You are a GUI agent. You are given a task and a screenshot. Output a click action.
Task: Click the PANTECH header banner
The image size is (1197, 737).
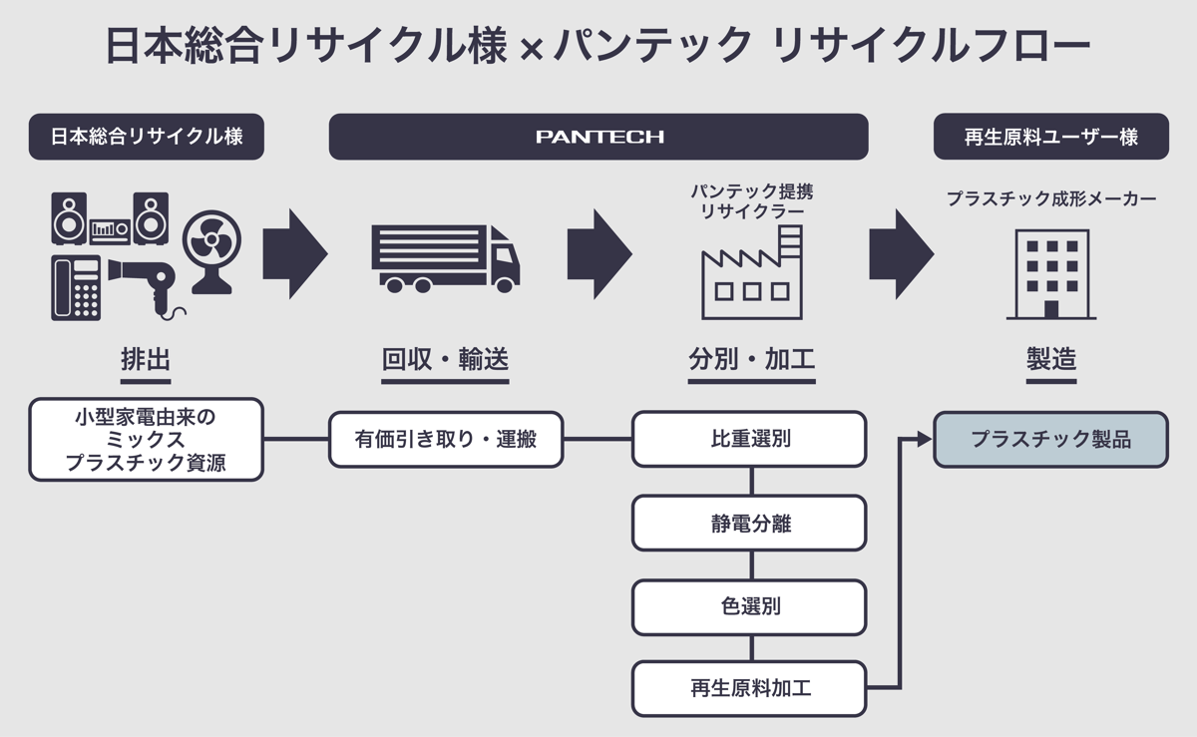click(598, 137)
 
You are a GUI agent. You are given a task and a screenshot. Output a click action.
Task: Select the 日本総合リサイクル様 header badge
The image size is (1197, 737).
click(147, 137)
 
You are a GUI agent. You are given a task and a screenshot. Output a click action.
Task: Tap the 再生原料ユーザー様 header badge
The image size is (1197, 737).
click(1050, 137)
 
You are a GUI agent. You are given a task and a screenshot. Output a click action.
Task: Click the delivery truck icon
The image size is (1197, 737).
click(445, 257)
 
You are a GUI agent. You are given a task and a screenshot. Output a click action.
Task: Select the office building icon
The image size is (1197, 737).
click(1051, 273)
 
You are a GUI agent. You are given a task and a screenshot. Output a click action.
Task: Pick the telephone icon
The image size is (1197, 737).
click(76, 289)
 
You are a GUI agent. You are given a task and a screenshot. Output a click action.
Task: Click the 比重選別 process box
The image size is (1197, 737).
click(749, 439)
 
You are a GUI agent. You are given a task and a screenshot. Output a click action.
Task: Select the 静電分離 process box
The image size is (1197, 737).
click(749, 523)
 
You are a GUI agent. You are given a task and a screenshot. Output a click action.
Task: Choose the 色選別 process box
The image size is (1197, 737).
click(749, 606)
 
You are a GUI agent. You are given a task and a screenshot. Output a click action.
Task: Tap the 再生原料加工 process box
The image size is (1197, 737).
click(749, 688)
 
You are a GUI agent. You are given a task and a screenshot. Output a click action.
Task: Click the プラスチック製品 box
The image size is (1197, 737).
click(1050, 439)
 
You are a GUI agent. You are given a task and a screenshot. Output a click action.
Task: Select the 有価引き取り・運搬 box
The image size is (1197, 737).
click(446, 439)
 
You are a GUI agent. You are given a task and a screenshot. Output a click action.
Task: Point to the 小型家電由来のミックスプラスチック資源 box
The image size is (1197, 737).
click(147, 439)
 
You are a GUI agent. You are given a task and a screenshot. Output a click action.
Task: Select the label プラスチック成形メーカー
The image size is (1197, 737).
click(1050, 199)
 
